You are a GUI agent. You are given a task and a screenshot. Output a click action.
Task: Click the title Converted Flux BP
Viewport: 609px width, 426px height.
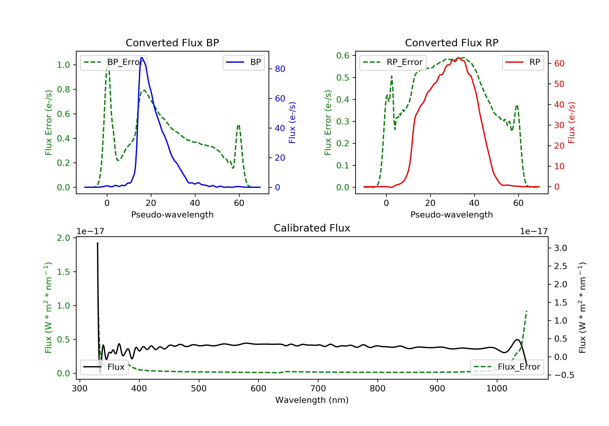[x=172, y=43]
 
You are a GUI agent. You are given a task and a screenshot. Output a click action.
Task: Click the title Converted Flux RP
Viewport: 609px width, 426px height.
[x=451, y=43]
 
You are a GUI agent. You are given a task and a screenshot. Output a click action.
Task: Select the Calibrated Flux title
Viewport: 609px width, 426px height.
[x=312, y=228]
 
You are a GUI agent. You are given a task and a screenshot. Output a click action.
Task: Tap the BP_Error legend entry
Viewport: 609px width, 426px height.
[x=113, y=62]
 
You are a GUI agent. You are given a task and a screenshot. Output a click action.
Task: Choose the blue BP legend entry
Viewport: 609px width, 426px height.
[x=243, y=62]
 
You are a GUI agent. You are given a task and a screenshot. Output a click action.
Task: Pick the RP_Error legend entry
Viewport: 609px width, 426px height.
[x=393, y=62]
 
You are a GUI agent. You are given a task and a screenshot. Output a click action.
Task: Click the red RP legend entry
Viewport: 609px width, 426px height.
[x=523, y=62]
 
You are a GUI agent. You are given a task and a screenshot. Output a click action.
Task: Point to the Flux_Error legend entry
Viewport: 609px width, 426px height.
[x=507, y=367]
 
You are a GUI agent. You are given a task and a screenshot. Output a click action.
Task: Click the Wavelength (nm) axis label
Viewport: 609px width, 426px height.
[x=312, y=400]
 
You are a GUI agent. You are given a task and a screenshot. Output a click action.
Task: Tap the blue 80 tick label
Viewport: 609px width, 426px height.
[x=280, y=69]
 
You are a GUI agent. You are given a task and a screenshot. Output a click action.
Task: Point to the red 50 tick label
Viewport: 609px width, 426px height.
[x=559, y=84]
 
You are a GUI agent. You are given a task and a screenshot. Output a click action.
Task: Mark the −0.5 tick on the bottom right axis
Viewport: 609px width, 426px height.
[x=564, y=375]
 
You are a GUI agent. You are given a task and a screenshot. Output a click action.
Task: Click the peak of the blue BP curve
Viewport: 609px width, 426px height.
[x=142, y=58]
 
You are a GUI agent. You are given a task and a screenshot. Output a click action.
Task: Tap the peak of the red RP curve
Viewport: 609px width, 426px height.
[x=458, y=58]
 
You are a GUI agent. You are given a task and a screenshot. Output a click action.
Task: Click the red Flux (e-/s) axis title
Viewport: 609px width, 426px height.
[x=571, y=123]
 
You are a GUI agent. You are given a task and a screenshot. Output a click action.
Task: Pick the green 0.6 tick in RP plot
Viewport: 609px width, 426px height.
[x=343, y=55]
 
